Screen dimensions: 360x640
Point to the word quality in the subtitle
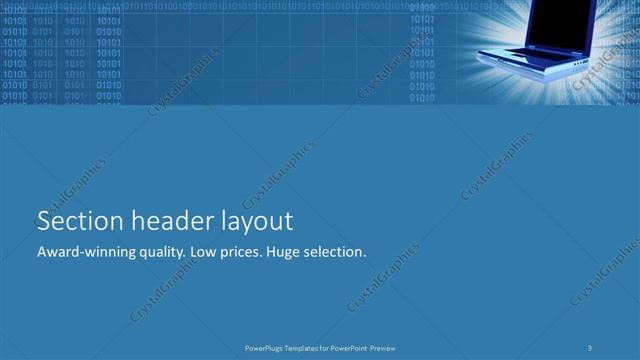click(158, 253)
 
